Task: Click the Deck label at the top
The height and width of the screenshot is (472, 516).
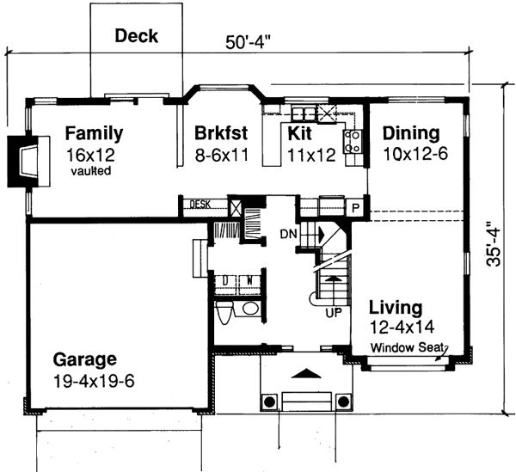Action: (137, 35)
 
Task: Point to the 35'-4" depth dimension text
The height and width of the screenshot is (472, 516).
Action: (493, 245)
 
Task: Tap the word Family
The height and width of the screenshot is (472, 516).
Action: (94, 134)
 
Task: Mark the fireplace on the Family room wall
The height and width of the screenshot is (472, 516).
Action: (24, 161)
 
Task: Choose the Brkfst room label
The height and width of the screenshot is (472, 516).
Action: (221, 134)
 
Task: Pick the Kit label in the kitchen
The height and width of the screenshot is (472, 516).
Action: (298, 134)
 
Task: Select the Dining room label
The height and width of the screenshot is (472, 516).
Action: (411, 134)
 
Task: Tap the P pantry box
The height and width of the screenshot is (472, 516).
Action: (354, 207)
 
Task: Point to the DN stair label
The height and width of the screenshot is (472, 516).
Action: (288, 234)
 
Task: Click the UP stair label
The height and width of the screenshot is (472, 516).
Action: (333, 312)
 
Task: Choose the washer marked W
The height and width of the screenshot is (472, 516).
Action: (250, 279)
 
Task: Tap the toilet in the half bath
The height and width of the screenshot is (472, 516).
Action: (224, 314)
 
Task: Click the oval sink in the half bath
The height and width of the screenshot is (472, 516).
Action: (251, 309)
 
